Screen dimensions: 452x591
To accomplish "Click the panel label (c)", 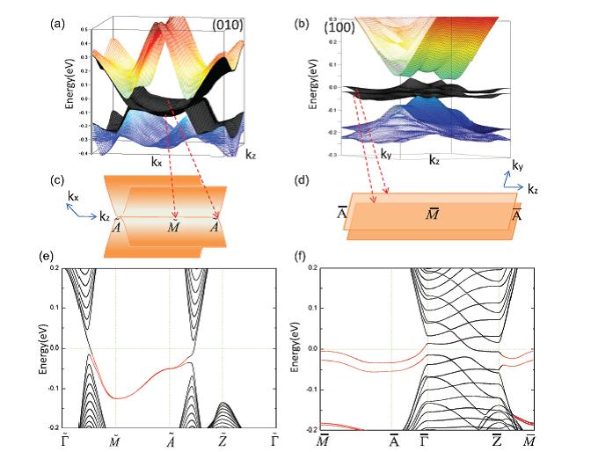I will (x=56, y=182).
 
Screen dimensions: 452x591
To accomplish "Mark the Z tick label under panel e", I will (x=223, y=439).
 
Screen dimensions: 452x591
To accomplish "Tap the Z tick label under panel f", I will (x=497, y=441).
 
